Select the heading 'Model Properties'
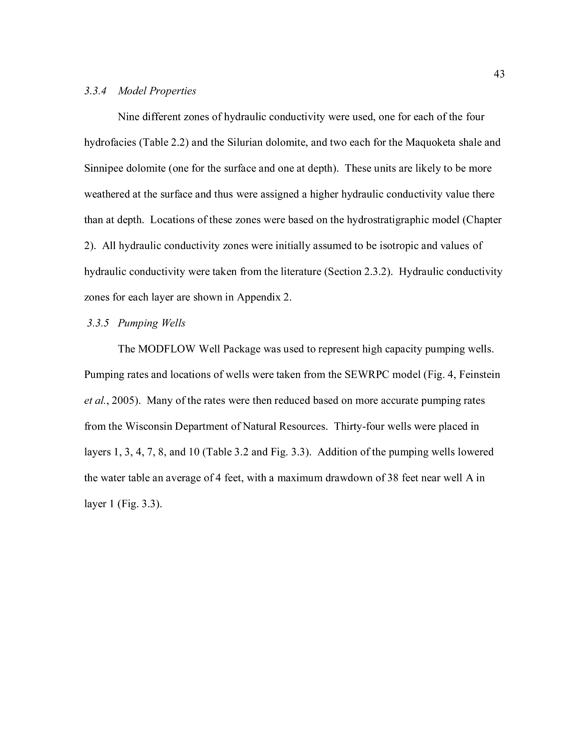click(x=157, y=91)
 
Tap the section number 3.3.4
click(x=95, y=91)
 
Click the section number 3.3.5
click(x=98, y=323)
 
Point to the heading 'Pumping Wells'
click(x=152, y=323)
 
